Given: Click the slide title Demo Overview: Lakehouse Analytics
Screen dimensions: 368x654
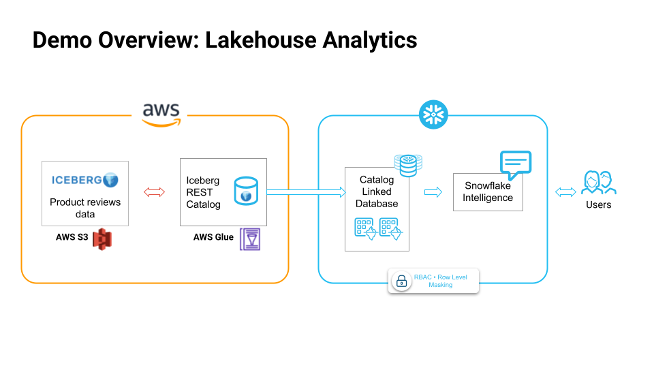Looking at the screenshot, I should tap(225, 40).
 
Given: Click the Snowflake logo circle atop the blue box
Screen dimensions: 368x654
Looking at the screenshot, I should tap(433, 114).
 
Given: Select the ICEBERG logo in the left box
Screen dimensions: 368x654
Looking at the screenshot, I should tap(85, 180).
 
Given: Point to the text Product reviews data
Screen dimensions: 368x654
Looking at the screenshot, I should tap(85, 208).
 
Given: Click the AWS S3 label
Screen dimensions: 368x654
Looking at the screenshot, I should tap(73, 237).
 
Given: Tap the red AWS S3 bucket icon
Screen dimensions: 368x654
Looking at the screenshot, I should tap(102, 238).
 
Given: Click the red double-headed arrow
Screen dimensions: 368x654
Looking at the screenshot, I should tap(155, 193).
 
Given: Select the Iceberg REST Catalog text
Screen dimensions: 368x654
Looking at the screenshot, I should tap(204, 192).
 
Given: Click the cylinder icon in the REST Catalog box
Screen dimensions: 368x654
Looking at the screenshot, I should tap(245, 191).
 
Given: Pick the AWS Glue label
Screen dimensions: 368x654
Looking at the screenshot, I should tap(213, 237).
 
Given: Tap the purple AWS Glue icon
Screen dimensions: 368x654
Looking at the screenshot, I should tap(250, 239).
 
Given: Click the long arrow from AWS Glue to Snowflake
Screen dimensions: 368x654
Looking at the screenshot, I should tap(306, 193).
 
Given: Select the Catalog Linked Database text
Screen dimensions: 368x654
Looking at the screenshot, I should tap(377, 191).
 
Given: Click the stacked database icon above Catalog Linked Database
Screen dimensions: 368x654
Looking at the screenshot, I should tap(408, 164).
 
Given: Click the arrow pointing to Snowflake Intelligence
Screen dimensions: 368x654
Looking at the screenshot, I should tap(433, 193).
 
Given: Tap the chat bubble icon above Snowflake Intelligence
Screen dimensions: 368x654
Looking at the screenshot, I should tap(515, 164).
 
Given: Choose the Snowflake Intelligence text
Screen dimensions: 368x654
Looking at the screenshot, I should tap(488, 191).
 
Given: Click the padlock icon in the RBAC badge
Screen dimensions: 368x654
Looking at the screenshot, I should tap(401, 281).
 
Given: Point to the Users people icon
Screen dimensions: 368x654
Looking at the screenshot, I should tap(599, 183).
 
